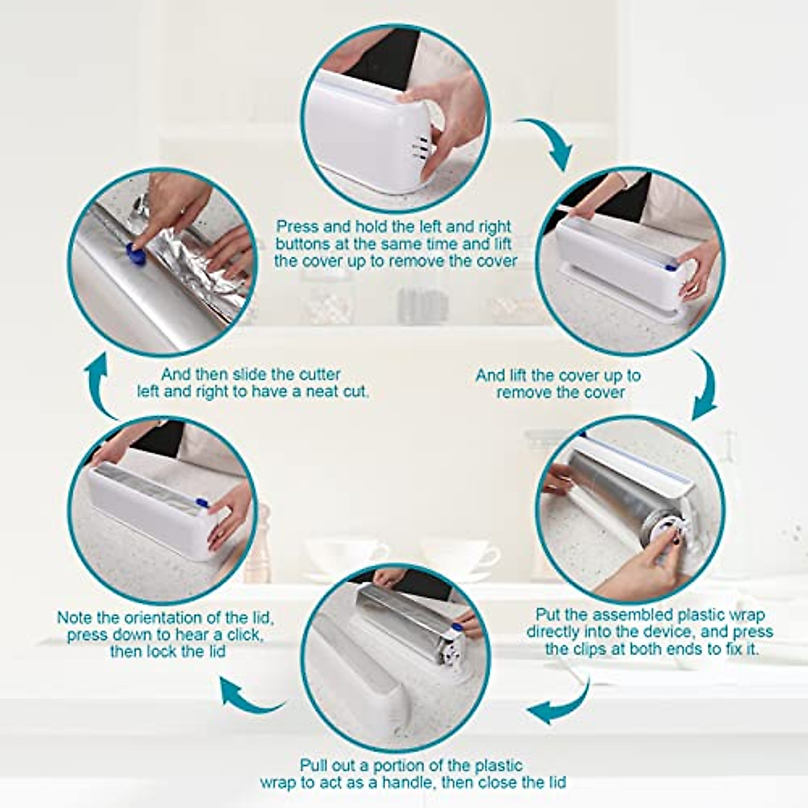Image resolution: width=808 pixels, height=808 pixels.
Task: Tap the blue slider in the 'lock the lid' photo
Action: [x=201, y=502]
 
